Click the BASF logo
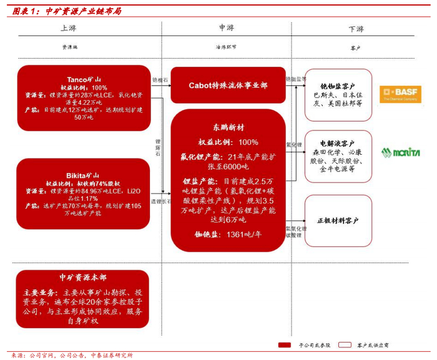[401, 94]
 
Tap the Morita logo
[401, 152]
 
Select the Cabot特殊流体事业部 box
[228, 85]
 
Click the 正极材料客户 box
[338, 220]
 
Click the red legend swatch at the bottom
[285, 344]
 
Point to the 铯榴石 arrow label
[160, 80]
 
